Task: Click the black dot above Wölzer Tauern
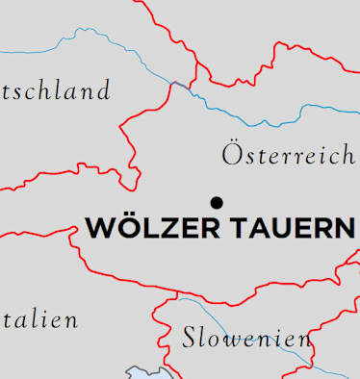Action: coord(217,201)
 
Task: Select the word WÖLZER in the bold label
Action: coord(153,228)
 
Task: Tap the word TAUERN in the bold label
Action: coord(292,228)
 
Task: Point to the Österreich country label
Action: coord(288,154)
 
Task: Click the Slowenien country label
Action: coord(246,338)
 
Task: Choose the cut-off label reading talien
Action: coord(39,320)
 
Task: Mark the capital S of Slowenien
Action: coord(190,338)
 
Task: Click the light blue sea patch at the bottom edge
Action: coord(144,373)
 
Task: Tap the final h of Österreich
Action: coord(347,154)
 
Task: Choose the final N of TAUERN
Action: coord(342,229)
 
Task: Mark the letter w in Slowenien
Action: coord(231,340)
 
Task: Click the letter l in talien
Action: coord(32,319)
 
